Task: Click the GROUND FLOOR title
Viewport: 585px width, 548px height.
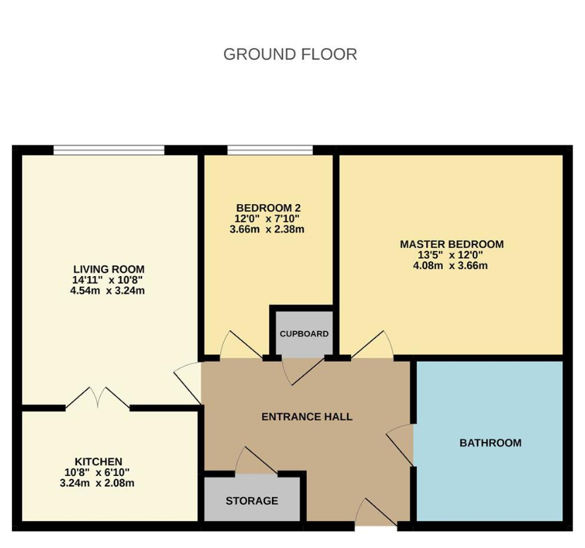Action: click(x=290, y=54)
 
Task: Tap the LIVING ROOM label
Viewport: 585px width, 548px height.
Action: click(x=109, y=269)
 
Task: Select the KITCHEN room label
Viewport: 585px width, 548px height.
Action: click(x=98, y=462)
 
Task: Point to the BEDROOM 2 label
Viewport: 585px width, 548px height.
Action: click(x=268, y=208)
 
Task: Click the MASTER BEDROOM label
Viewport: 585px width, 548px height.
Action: click(x=451, y=244)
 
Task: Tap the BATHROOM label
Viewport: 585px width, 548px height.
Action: click(x=490, y=443)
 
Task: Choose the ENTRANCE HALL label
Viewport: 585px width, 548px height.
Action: click(x=307, y=417)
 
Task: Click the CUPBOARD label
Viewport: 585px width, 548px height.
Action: click(x=304, y=333)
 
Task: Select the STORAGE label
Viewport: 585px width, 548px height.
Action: click(x=252, y=501)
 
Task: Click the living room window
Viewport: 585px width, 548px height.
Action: click(x=109, y=150)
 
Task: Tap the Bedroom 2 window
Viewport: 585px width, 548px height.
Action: click(x=270, y=150)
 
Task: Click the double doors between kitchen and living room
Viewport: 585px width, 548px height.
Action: click(x=97, y=398)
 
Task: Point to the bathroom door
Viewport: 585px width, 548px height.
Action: click(x=401, y=445)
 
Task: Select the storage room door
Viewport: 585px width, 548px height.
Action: click(x=256, y=460)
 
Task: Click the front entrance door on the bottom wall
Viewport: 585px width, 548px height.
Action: click(x=376, y=512)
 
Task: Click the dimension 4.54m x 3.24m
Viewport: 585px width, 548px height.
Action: click(x=107, y=290)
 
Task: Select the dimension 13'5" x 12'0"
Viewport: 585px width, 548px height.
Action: click(x=450, y=255)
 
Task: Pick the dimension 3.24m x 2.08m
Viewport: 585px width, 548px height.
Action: click(x=97, y=483)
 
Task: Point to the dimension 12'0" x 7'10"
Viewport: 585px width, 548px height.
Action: click(x=267, y=218)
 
